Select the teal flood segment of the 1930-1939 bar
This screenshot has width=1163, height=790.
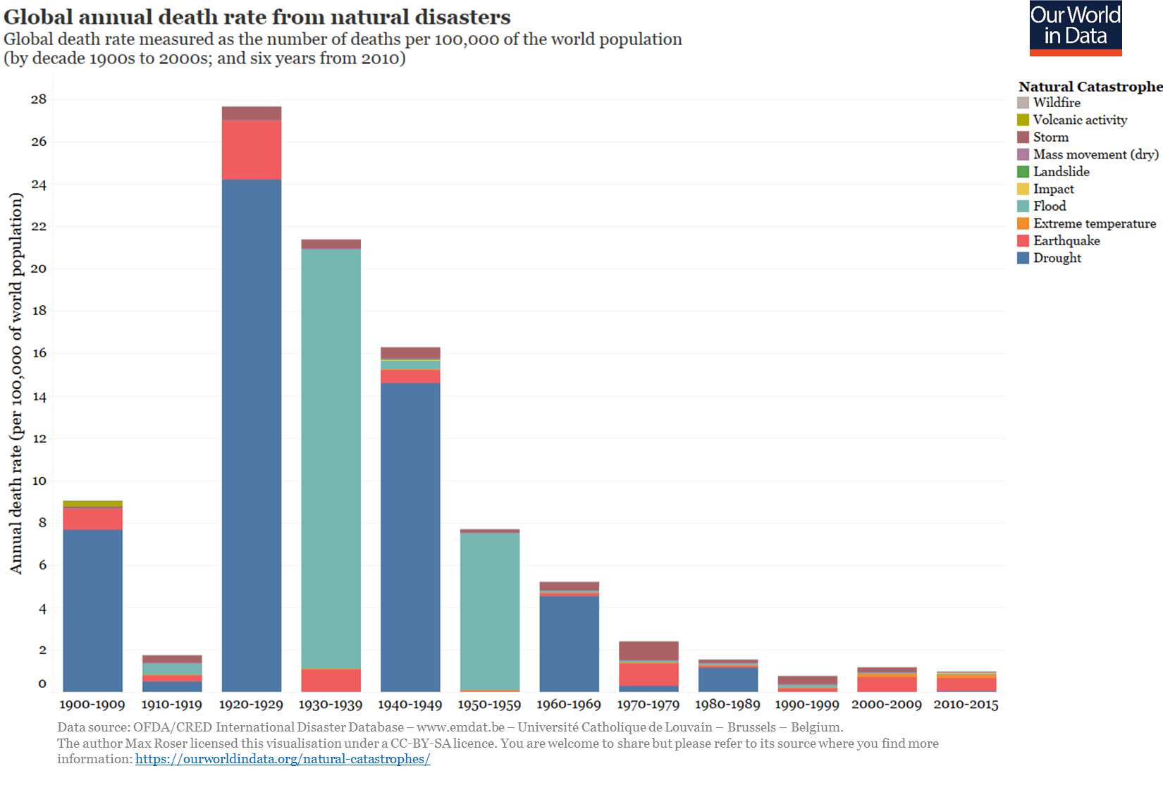pos(331,458)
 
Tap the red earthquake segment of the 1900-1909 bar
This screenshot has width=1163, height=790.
pos(92,519)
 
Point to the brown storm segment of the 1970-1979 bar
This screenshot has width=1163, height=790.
pos(648,650)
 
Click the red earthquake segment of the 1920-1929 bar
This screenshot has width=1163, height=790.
pos(252,149)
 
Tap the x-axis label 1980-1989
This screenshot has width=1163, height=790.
pos(727,704)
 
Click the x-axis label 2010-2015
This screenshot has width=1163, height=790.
pos(966,704)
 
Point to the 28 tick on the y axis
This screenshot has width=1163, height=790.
pos(39,99)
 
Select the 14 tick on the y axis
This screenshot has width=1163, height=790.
pos(39,397)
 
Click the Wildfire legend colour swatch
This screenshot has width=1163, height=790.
pos(1023,103)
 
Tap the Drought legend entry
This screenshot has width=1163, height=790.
pos(1057,258)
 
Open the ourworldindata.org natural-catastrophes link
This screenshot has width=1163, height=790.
pos(283,759)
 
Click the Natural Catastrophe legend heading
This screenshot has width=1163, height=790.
pos(1090,87)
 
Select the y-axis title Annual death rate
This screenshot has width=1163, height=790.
pos(16,384)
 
